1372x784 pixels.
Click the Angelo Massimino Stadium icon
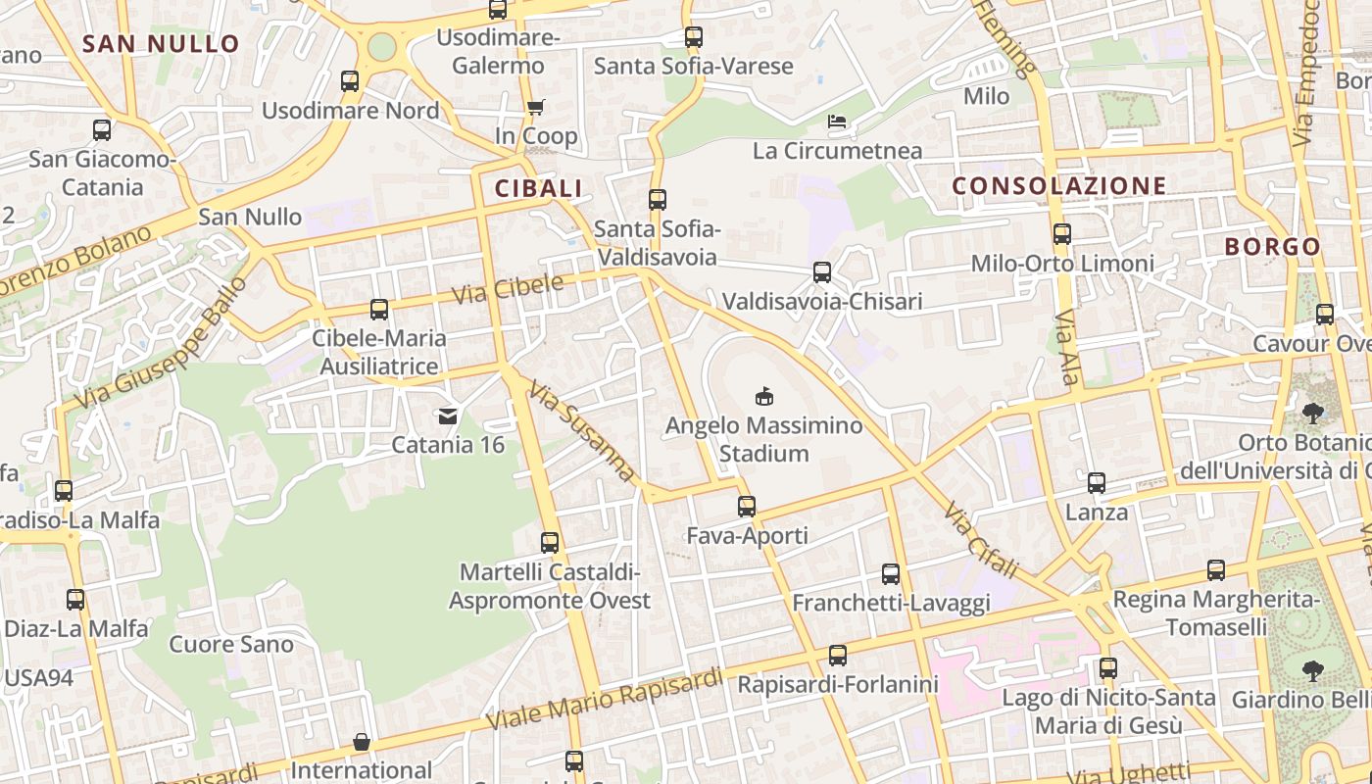pyautogui.click(x=763, y=396)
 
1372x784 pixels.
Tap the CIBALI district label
pyautogui.click(x=538, y=188)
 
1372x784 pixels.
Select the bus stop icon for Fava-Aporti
pyautogui.click(x=747, y=507)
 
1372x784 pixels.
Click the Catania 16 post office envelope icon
pyautogui.click(x=448, y=416)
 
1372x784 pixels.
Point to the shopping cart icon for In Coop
pyautogui.click(x=535, y=108)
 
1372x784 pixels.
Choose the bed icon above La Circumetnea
pyautogui.click(x=837, y=122)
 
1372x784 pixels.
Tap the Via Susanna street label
pyautogui.click(x=582, y=431)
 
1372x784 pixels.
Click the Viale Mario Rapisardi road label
pyautogui.click(x=605, y=699)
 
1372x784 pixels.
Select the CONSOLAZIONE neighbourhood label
pyautogui.click(x=1059, y=186)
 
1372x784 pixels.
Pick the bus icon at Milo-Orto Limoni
pyautogui.click(x=1062, y=234)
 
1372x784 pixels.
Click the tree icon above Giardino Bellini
pyautogui.click(x=1312, y=671)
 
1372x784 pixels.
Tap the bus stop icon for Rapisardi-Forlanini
pyautogui.click(x=838, y=656)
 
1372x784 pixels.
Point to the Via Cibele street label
pyautogui.click(x=508, y=289)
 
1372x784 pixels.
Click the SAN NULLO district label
pyautogui.click(x=161, y=44)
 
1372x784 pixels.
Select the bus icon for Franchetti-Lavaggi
pyautogui.click(x=891, y=574)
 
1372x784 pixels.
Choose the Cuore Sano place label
pyautogui.click(x=231, y=644)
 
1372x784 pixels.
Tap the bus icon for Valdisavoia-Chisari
pyautogui.click(x=822, y=272)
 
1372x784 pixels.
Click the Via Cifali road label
pyautogui.click(x=982, y=540)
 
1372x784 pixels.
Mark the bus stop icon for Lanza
pyautogui.click(x=1097, y=483)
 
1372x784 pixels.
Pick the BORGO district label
pyautogui.click(x=1272, y=247)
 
